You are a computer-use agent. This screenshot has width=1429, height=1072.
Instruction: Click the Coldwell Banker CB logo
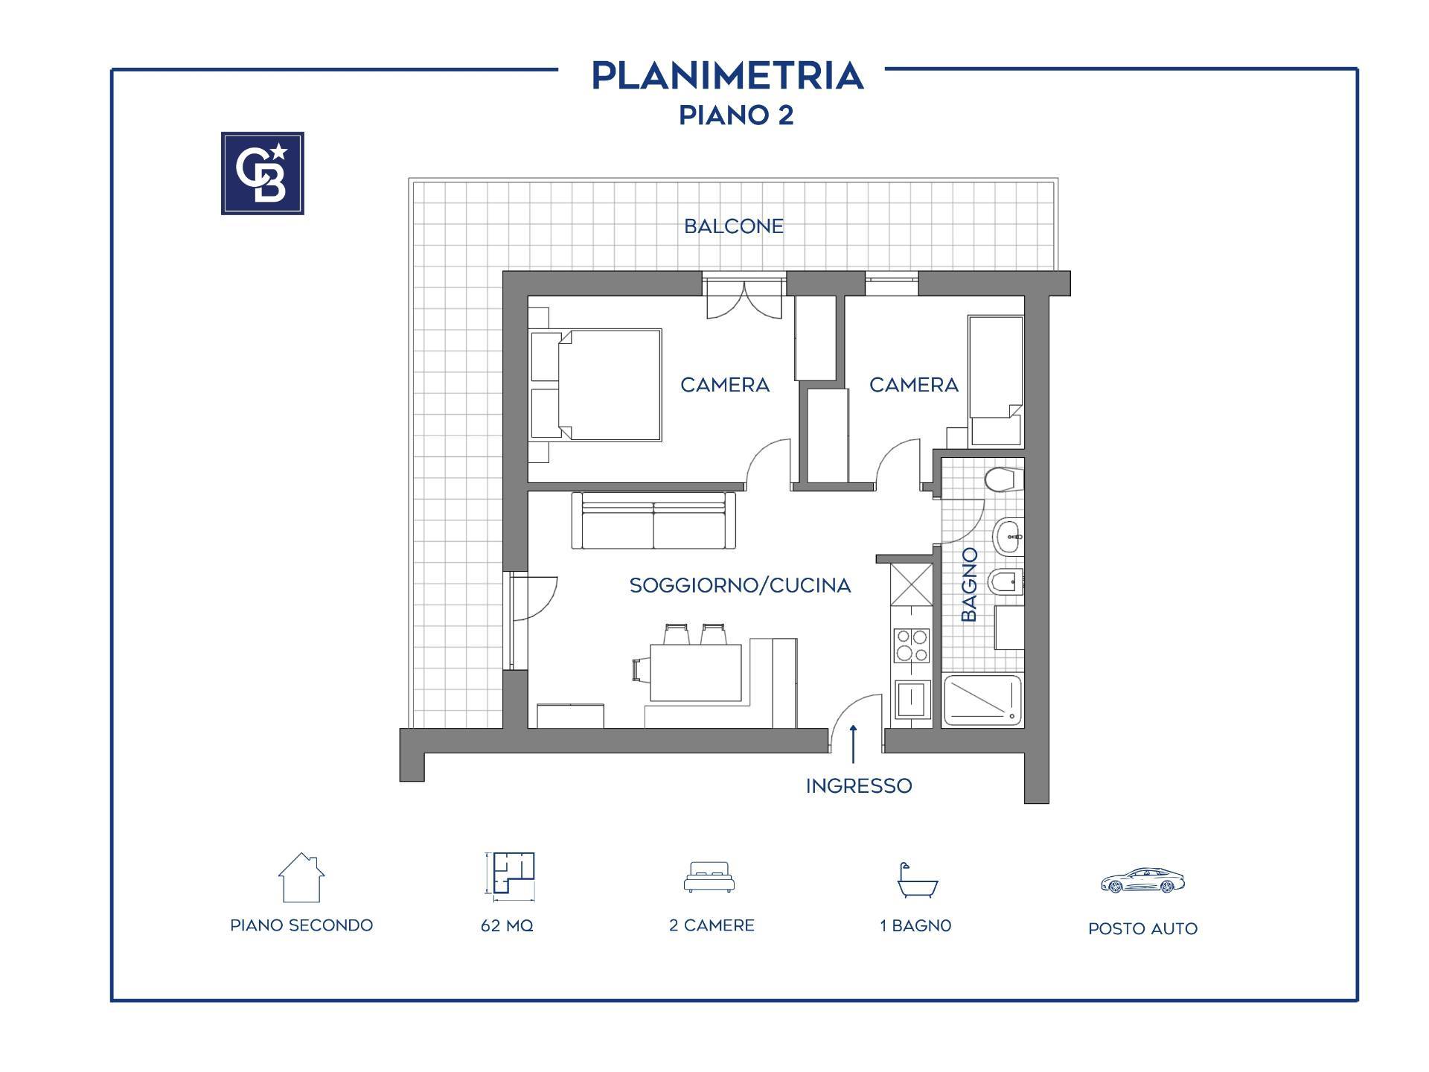(x=263, y=173)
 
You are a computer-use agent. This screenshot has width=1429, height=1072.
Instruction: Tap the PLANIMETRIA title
(x=728, y=76)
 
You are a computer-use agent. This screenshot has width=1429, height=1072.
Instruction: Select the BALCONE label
(x=734, y=226)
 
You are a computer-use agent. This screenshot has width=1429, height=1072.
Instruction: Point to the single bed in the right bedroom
(x=995, y=380)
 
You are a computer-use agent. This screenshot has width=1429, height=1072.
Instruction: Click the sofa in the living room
(x=653, y=520)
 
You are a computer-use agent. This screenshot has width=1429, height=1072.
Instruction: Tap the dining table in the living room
(x=696, y=672)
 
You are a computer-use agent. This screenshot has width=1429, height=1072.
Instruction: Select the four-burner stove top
(x=912, y=645)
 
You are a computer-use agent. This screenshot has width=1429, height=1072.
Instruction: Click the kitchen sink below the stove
(x=912, y=700)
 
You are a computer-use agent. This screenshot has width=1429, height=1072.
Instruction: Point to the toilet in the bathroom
(x=1003, y=479)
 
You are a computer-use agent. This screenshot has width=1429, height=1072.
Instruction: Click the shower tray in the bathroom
(x=982, y=700)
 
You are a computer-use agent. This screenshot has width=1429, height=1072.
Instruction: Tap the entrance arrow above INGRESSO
(x=853, y=744)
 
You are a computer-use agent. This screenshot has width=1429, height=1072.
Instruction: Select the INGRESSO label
(x=859, y=786)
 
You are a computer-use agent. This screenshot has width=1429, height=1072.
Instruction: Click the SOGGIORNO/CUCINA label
(x=740, y=586)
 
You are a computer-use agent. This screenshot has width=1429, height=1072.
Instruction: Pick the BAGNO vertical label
(x=968, y=584)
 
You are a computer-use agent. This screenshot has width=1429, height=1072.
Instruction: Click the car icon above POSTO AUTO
(x=1142, y=881)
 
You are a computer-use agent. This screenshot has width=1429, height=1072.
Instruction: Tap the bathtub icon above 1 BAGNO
(x=917, y=881)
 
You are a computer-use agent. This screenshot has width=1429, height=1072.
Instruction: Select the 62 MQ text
(x=507, y=926)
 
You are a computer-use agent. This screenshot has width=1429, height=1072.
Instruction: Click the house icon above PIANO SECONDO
(x=301, y=877)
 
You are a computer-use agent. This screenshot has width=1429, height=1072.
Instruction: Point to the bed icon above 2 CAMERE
(x=709, y=877)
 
